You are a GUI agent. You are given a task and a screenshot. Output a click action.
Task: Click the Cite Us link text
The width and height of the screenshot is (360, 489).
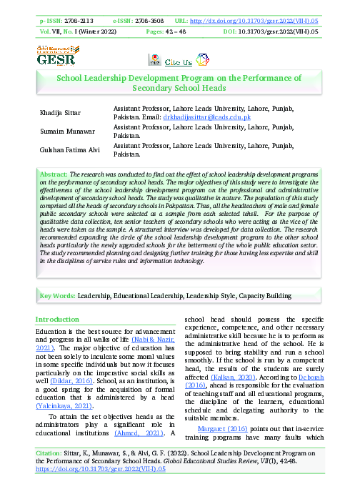(x=178, y=62)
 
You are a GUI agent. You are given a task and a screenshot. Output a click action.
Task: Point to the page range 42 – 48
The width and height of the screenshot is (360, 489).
(x=190, y=32)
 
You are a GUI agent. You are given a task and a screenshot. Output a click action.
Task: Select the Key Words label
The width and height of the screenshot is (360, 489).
(x=56, y=295)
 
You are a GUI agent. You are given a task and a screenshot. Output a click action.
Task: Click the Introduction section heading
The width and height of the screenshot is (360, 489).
(x=57, y=319)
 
